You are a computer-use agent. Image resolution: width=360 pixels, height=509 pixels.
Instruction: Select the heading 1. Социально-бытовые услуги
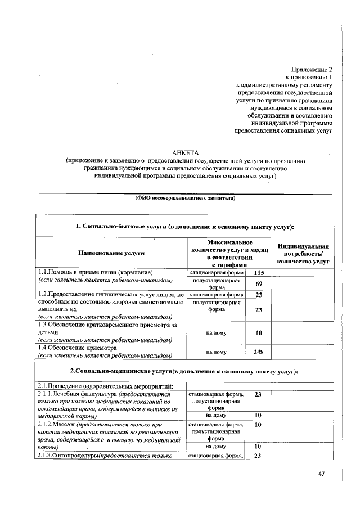tap(185, 226)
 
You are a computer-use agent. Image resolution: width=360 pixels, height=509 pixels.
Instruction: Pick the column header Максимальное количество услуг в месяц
tap(229, 253)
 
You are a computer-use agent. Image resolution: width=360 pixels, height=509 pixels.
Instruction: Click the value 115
tap(259, 273)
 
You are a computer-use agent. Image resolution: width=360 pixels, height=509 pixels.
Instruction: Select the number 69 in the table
tap(259, 283)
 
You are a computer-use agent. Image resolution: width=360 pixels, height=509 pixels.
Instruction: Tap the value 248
tap(259, 352)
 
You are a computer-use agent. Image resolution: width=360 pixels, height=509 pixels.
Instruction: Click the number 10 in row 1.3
tap(259, 332)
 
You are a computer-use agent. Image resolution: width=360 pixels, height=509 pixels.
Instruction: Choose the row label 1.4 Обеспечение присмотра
tap(76, 348)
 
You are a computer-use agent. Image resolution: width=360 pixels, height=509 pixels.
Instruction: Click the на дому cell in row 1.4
tap(217, 352)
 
